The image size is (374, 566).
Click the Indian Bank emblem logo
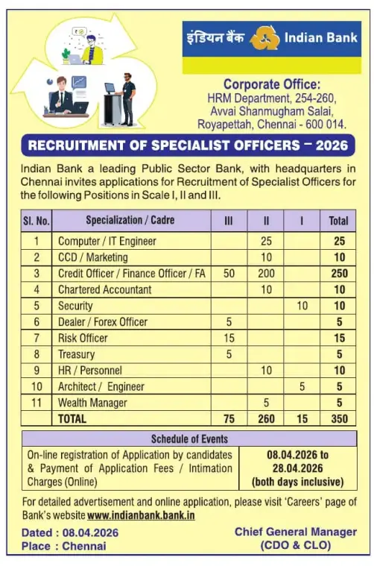tap(262, 37)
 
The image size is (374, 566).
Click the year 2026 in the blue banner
tap(332, 145)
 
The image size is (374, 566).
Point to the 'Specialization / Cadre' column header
tap(125, 221)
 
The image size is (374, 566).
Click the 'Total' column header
tap(339, 221)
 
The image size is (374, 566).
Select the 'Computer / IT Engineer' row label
tap(107, 242)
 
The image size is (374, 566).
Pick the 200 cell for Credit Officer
tap(266, 274)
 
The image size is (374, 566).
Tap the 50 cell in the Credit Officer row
tap(229, 274)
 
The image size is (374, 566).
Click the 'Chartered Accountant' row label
tap(104, 289)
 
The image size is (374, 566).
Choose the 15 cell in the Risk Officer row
tap(229, 338)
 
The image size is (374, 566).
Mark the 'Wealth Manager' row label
tap(92, 403)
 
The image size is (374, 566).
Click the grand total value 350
tap(339, 419)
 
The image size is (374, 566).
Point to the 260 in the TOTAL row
tap(266, 419)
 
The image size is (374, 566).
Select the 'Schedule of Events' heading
tap(189, 438)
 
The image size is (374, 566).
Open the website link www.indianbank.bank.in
tap(141, 515)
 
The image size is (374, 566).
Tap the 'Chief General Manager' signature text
tap(296, 532)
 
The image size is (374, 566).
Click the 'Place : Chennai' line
tap(64, 546)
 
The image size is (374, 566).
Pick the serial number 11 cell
tap(38, 403)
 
